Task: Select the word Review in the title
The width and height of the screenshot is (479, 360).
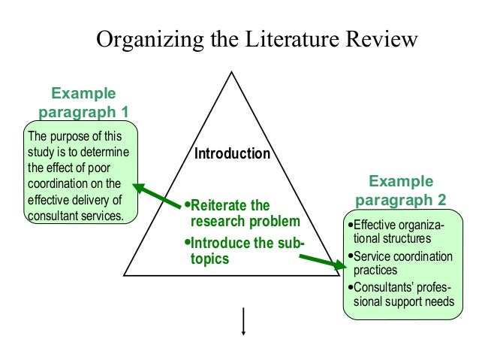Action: click(379, 39)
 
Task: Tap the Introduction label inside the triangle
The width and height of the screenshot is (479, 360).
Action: click(232, 154)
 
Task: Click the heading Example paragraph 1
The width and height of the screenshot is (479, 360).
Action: click(83, 103)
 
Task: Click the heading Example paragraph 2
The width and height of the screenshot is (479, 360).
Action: click(400, 191)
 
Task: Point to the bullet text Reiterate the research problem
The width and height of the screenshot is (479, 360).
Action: click(245, 213)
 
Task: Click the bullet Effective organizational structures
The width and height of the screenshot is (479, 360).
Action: click(397, 231)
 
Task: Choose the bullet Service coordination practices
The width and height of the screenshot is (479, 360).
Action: click(402, 263)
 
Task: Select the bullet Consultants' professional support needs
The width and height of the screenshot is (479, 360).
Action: click(402, 295)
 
